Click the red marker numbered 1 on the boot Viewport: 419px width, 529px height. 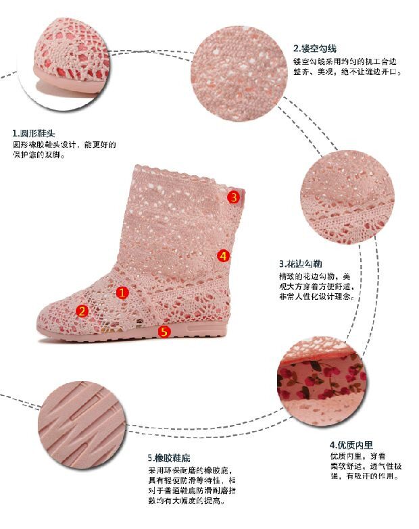122,293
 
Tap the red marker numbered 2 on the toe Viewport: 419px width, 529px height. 82,311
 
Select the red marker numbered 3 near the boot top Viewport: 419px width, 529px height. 233,197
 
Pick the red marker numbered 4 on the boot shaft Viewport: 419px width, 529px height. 224,255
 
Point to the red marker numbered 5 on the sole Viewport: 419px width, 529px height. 164,330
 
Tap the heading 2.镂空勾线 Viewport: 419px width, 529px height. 314,49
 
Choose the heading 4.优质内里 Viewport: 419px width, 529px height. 351,445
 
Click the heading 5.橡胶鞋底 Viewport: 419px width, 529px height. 170,457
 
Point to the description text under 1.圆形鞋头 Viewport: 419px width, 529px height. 64,150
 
